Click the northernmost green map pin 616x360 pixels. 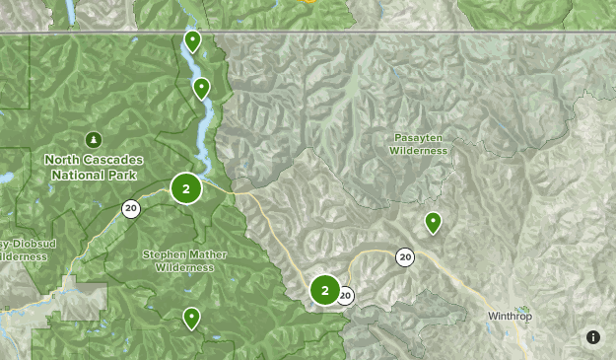pyautogui.click(x=193, y=40)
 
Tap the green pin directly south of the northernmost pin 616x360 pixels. pyautogui.click(x=201, y=88)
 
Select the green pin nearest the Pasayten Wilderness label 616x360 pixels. pyautogui.click(x=433, y=222)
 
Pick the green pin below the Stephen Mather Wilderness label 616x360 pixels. pyautogui.click(x=191, y=318)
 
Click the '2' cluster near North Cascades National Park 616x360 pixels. pyautogui.click(x=185, y=187)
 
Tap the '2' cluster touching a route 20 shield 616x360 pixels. pyautogui.click(x=325, y=290)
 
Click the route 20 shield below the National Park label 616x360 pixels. pyautogui.click(x=130, y=208)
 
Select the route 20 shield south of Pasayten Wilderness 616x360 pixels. pyautogui.click(x=405, y=257)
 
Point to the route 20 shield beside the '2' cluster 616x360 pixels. pyautogui.click(x=345, y=294)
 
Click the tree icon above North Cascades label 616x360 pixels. pyautogui.click(x=94, y=139)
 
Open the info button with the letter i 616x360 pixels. pyautogui.click(x=593, y=337)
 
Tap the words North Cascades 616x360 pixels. pyautogui.click(x=94, y=160)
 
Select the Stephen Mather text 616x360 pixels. pyautogui.click(x=184, y=254)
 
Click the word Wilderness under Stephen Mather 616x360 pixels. pyautogui.click(x=184, y=267)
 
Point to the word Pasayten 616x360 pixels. pyautogui.click(x=418, y=138)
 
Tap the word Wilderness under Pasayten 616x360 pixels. pyautogui.click(x=418, y=151)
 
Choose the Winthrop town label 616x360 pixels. pyautogui.click(x=509, y=317)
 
